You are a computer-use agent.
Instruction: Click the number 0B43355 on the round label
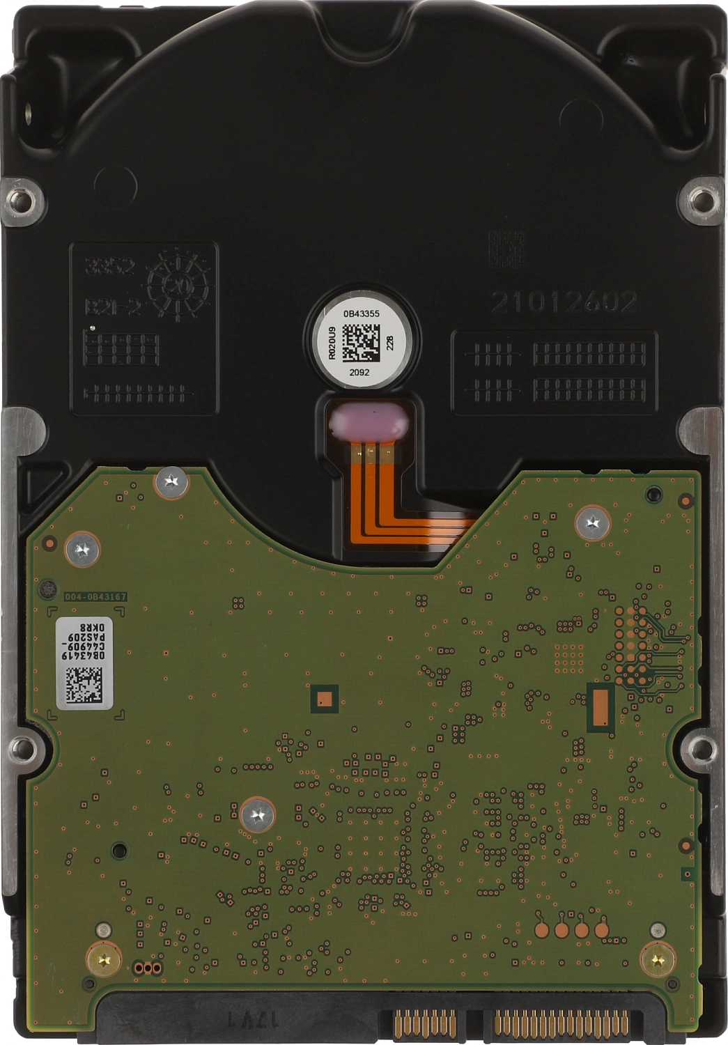[361, 313]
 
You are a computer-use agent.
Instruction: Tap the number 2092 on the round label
[359, 372]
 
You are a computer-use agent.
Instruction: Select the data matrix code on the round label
[361, 342]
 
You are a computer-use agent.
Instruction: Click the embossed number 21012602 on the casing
[564, 302]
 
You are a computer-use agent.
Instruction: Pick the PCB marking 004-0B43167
[95, 597]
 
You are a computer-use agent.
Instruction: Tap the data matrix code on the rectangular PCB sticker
[84, 684]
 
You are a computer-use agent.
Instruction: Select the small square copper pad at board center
[324, 699]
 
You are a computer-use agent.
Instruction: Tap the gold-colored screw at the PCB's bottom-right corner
[657, 959]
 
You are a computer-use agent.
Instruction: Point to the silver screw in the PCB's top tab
[171, 481]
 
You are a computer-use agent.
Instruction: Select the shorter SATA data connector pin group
[424, 1022]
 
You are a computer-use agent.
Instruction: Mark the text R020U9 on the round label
[332, 342]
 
